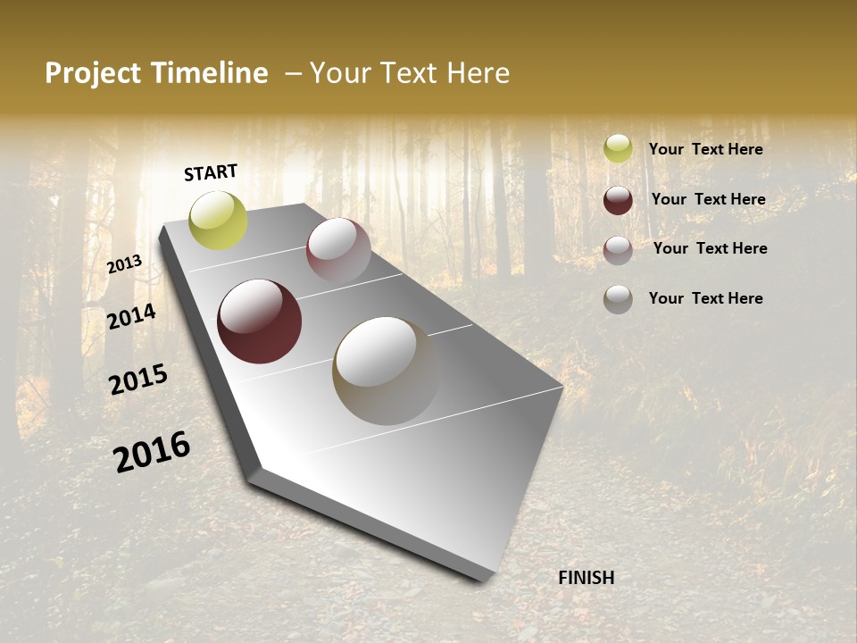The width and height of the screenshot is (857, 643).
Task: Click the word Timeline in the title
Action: click(x=210, y=73)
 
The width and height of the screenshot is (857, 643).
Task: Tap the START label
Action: click(x=211, y=172)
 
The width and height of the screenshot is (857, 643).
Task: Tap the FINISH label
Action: click(x=587, y=578)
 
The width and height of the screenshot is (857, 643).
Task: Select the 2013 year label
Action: click(x=125, y=264)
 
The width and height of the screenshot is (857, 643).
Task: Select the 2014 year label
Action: click(x=131, y=316)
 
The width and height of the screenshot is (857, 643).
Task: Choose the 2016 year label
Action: click(x=152, y=452)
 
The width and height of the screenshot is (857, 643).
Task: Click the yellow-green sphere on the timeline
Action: click(x=218, y=220)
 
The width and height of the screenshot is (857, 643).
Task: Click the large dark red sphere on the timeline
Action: click(x=259, y=321)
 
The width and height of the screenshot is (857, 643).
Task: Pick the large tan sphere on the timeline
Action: click(x=386, y=371)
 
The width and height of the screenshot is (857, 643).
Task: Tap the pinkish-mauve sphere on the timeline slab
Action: click(x=338, y=250)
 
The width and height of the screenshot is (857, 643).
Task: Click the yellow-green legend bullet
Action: click(x=618, y=148)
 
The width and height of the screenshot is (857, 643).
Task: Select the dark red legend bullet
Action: click(x=618, y=200)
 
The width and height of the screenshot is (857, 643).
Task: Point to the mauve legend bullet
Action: click(x=618, y=250)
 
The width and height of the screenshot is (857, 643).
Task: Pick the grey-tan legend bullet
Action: click(x=618, y=299)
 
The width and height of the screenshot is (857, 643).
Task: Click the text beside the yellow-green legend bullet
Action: click(x=706, y=150)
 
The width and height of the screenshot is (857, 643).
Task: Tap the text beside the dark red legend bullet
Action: click(x=709, y=199)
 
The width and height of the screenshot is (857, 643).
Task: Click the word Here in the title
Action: click(x=478, y=73)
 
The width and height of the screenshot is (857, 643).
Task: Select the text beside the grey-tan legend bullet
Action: click(x=706, y=298)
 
